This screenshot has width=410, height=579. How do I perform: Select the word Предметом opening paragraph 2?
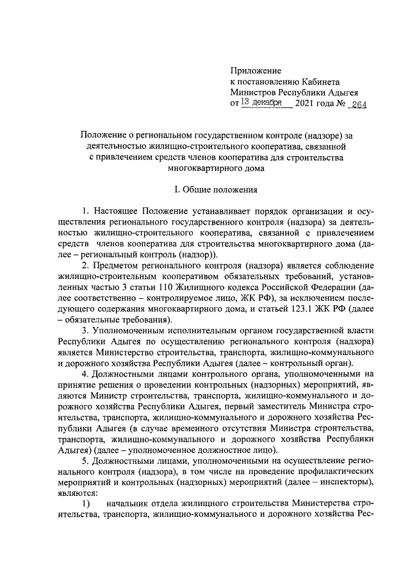tap(116, 266)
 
